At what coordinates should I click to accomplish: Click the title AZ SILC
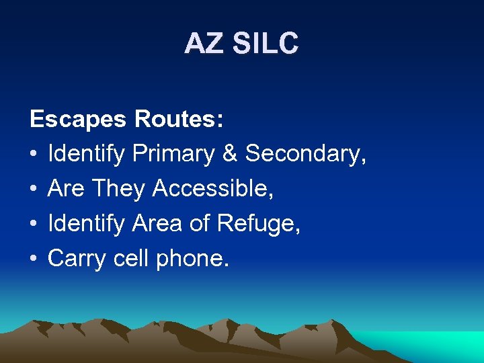click(241, 44)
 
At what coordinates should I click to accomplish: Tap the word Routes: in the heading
click(179, 120)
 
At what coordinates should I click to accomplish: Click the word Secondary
click(305, 154)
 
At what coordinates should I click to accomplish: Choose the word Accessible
click(212, 189)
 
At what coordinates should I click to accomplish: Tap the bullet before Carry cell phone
click(34, 259)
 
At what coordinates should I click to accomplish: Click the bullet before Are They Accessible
click(34, 189)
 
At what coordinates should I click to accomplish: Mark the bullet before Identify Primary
click(34, 154)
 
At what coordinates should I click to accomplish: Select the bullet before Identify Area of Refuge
click(34, 224)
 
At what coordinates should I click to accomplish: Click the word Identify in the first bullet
click(87, 155)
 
